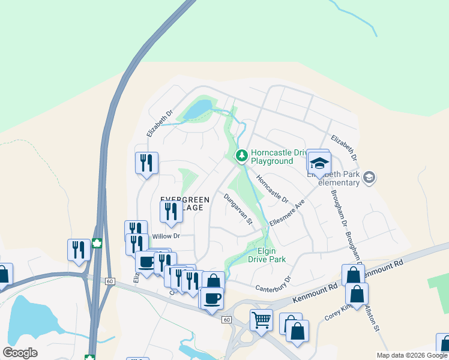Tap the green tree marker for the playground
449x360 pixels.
241,156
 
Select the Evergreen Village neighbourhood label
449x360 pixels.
185,203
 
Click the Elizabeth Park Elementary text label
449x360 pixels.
336,178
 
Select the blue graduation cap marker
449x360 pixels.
319,163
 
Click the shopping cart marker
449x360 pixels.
261,320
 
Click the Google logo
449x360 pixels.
20,353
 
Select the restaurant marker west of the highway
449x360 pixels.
79,249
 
